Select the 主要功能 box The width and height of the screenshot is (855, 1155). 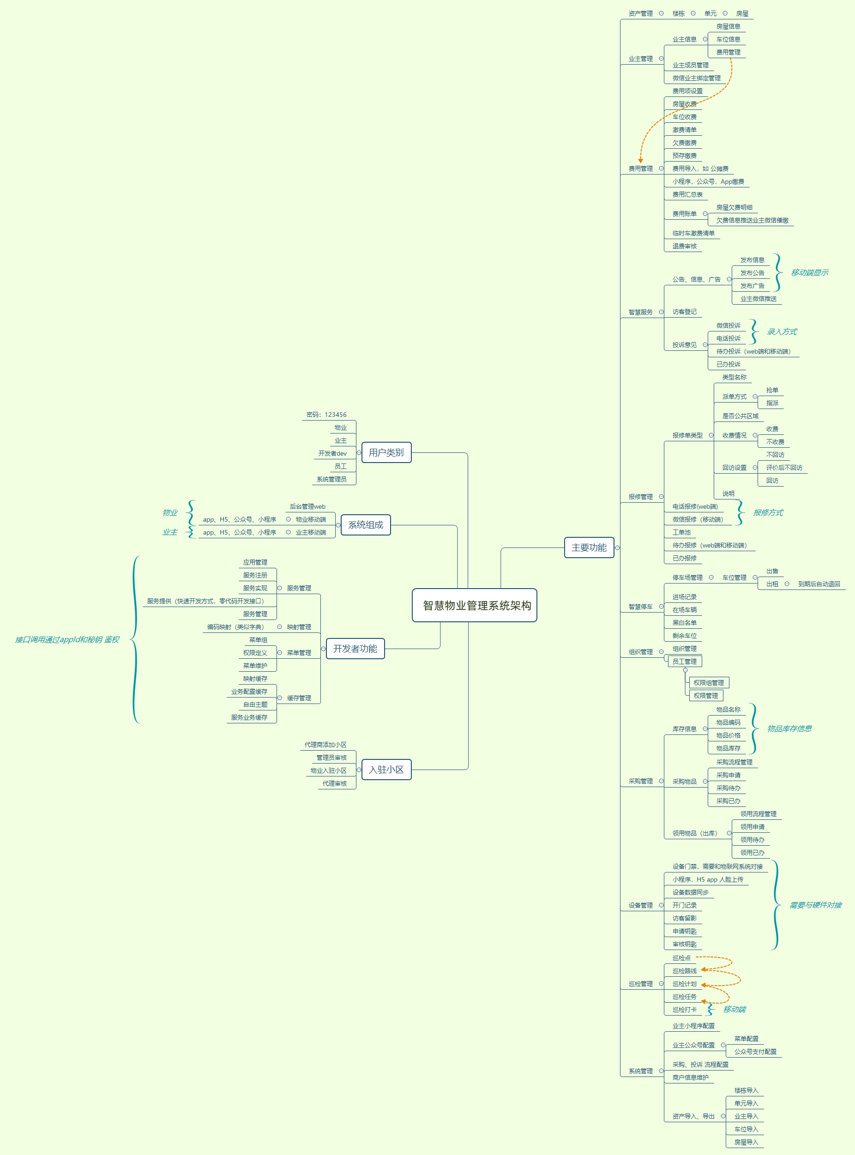[589, 547]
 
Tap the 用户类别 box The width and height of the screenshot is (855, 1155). [386, 452]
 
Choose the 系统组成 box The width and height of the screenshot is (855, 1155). [365, 525]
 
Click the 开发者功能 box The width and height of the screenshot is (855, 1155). [355, 649]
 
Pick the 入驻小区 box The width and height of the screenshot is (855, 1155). [386, 770]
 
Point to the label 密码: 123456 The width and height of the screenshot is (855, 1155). [326, 415]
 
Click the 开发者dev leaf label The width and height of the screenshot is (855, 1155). [332, 453]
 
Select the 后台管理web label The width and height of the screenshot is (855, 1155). [307, 506]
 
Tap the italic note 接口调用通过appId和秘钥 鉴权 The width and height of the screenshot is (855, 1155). [67, 640]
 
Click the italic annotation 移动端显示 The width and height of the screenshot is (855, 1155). [809, 273]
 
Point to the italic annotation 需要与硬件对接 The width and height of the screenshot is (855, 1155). [815, 905]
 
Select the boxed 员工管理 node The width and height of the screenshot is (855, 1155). [684, 662]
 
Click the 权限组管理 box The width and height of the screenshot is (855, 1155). [709, 683]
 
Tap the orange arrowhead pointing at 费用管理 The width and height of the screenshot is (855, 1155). [640, 161]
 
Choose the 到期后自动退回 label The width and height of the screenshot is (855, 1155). [819, 584]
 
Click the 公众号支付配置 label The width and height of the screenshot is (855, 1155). [755, 1052]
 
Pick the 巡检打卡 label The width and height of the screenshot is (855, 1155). [684, 1010]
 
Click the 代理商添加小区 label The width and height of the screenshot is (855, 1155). [325, 745]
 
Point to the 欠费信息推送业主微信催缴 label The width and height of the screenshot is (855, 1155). [752, 221]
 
